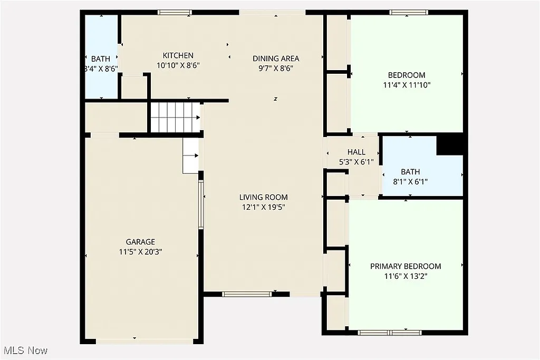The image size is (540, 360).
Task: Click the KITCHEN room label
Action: [178, 55]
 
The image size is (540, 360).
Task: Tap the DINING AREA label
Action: [276, 59]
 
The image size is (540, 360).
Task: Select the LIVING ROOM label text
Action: [264, 197]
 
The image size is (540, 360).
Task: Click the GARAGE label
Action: [140, 242]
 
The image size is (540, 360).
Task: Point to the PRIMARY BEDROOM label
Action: [406, 266]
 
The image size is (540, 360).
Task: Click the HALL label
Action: [356, 152]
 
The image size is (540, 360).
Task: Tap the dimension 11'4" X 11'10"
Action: [406, 85]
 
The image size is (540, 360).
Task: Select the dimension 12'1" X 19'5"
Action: [264, 207]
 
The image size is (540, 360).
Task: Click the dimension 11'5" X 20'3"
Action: [140, 252]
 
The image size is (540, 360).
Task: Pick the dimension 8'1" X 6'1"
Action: [410, 182]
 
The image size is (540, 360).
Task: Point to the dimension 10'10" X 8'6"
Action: [178, 65]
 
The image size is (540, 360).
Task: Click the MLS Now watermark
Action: [25, 350]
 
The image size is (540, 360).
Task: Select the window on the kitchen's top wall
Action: [175, 12]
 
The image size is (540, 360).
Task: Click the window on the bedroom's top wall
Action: [409, 12]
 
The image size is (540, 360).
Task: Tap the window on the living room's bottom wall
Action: [239, 294]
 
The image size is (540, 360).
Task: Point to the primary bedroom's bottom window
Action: [390, 333]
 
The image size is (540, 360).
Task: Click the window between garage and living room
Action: [200, 204]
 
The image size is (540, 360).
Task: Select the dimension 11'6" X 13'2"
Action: [406, 276]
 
